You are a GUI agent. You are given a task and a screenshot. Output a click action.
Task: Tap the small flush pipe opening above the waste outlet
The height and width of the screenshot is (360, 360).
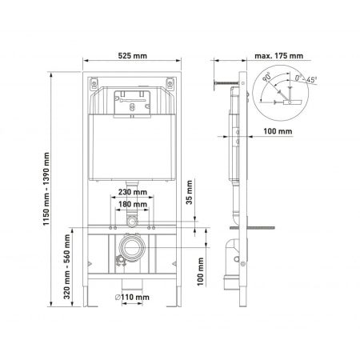pos(135,219)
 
